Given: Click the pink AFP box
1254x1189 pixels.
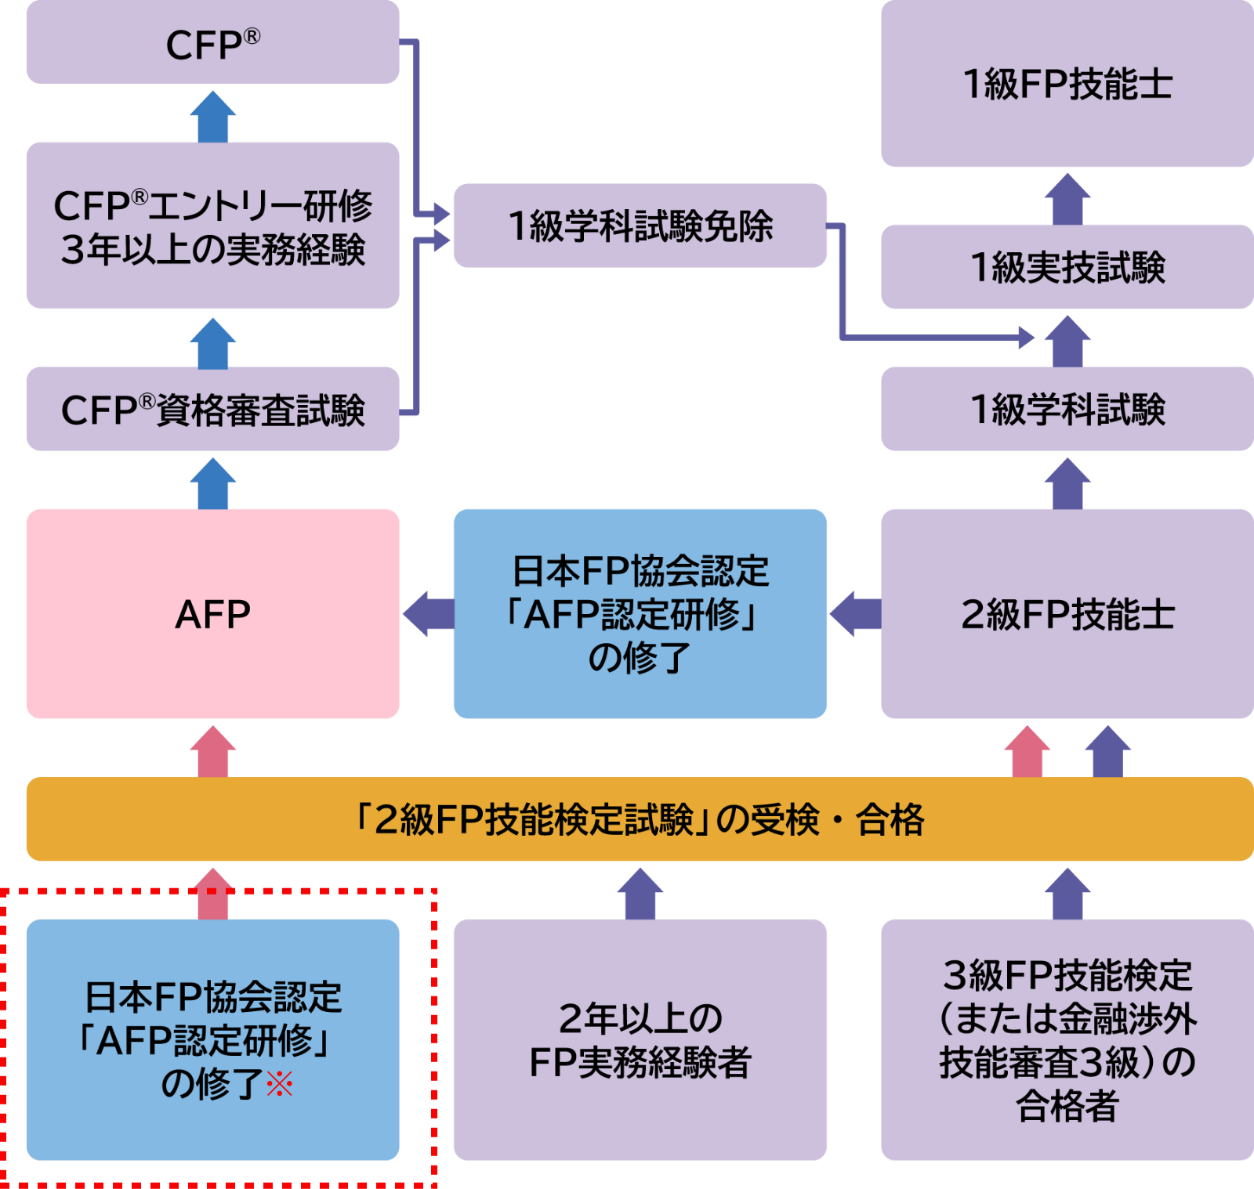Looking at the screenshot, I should pos(212,613).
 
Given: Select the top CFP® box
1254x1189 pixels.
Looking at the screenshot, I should pos(212,43).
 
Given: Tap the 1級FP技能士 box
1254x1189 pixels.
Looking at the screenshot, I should pos(1067,84).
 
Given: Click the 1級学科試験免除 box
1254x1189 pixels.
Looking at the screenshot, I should pos(640,226).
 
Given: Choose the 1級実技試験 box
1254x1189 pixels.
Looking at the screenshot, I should pos(1067,267).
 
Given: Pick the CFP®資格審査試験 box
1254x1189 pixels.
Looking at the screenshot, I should pos(212,409).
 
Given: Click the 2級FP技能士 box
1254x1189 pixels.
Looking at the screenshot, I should pos(1067,613).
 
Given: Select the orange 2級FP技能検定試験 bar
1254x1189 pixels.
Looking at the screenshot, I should pos(640,819).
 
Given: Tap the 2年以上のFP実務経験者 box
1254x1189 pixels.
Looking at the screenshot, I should pos(640,1039).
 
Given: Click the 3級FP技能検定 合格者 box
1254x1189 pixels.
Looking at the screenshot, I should pos(1067,1039).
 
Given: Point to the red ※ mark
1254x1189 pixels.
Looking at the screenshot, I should pos(280,1084).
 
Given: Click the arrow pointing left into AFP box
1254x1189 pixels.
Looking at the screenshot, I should pos(428,613).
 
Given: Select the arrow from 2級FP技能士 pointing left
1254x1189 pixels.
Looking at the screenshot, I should pos(855,613).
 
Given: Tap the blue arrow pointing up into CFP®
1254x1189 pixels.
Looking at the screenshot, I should pos(212,116).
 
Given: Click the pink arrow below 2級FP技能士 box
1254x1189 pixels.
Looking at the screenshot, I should pos(1027,752).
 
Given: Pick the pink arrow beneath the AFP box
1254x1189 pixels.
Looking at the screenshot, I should pos(212,752).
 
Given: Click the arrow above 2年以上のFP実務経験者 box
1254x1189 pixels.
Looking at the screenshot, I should pos(640,894).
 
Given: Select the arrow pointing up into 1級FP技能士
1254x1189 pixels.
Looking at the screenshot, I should pos(1067,199).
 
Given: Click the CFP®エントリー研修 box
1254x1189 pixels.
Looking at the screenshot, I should pos(212,226).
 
